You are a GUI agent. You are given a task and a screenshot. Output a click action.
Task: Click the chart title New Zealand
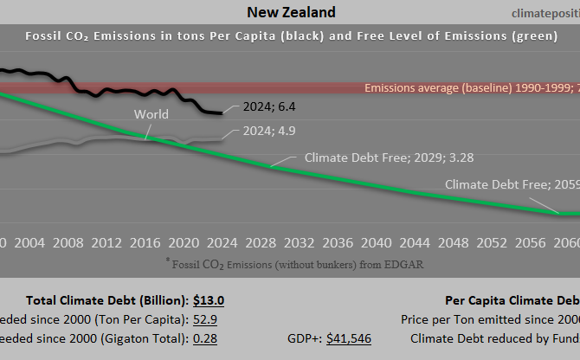tap(291, 12)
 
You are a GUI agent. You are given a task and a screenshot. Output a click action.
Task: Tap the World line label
tap(151, 114)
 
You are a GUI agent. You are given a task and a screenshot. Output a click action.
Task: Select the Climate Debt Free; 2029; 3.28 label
tap(389, 158)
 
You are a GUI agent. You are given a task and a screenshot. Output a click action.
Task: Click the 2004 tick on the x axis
tap(30, 241)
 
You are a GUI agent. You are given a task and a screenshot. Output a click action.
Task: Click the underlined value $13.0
tap(209, 300)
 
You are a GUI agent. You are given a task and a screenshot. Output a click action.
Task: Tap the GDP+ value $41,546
tap(348, 338)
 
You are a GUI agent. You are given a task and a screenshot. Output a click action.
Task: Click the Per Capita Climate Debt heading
tap(512, 300)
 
